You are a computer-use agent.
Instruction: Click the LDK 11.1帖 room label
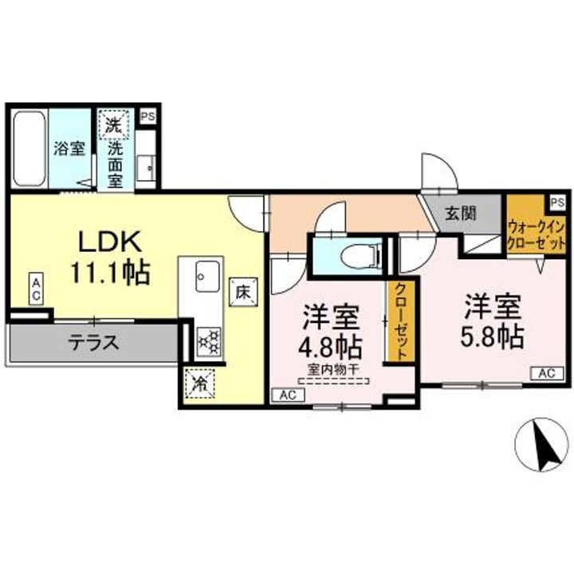point(110,257)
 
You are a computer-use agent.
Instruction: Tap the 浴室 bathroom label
point(69,148)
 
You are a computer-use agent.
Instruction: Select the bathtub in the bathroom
point(29,149)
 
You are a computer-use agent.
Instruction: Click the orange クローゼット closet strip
point(401,321)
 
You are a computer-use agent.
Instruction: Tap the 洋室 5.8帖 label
point(493,321)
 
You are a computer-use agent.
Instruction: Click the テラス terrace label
point(94,343)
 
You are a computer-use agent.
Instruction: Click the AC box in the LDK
point(36,289)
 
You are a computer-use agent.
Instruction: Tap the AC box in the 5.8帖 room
point(547,373)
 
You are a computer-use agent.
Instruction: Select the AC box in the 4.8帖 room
point(288,395)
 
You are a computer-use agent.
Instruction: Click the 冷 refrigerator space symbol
point(200,383)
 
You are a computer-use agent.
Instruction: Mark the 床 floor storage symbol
point(243,292)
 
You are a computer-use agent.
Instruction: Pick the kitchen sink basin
point(207,276)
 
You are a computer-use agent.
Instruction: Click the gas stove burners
point(209,342)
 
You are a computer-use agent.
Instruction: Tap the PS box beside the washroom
point(148,116)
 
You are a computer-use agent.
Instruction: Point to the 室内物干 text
point(332,370)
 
